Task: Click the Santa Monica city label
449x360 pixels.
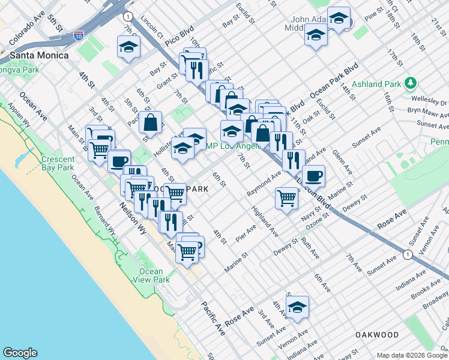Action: pos(38,55)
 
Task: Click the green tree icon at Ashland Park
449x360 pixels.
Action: pos(411,82)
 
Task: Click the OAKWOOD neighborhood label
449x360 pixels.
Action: pos(376,334)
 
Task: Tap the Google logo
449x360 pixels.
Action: pos(20,353)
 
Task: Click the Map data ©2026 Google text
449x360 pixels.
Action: pos(411,355)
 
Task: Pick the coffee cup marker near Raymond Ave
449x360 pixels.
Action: pos(313,176)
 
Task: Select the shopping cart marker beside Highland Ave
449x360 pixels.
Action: pos(287,197)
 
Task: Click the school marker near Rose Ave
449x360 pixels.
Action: pos(297,307)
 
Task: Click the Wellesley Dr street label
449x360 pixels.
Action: pos(434,103)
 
